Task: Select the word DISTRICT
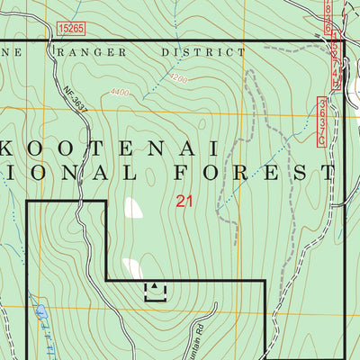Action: coord(202,52)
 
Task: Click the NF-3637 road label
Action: coord(77,100)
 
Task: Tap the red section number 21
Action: coord(185,202)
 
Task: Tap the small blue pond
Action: coord(40,312)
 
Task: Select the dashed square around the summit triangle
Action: coord(156,290)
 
